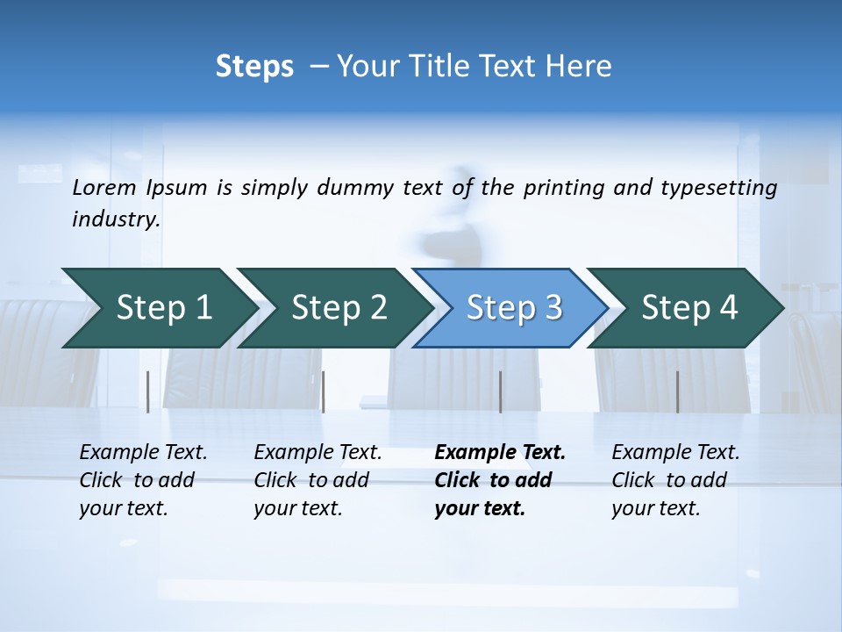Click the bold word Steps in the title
(x=254, y=67)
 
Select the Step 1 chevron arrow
(x=158, y=308)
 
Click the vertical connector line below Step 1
(x=148, y=391)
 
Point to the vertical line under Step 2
(x=324, y=391)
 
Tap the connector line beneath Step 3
(x=500, y=391)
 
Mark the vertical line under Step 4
(x=677, y=391)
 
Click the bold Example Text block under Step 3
(x=500, y=480)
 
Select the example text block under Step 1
(x=143, y=480)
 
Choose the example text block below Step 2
(x=318, y=480)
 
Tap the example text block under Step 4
(x=675, y=480)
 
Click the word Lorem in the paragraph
(x=104, y=188)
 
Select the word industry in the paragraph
(x=116, y=219)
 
